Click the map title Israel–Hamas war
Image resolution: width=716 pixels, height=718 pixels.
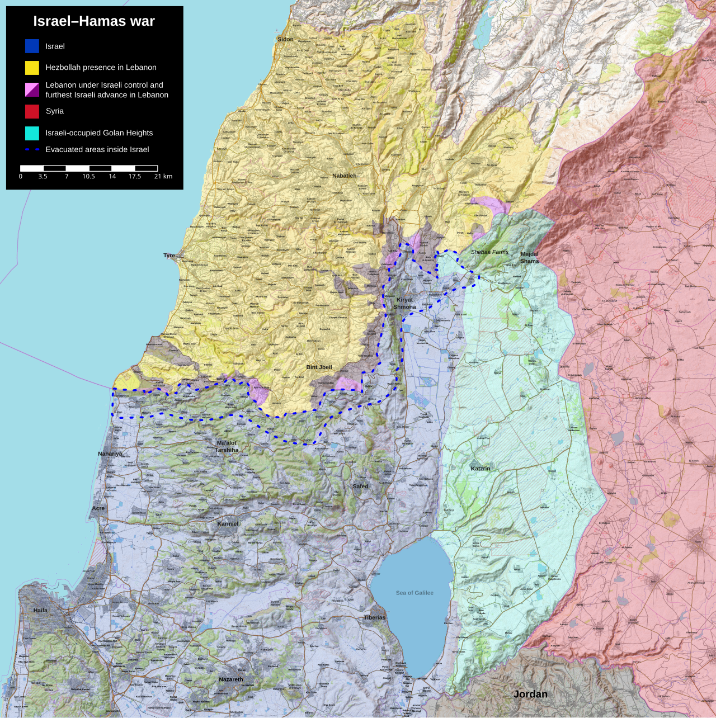click(94, 21)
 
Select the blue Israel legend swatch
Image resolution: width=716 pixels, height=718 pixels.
click(32, 46)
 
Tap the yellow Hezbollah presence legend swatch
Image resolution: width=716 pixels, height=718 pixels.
click(32, 68)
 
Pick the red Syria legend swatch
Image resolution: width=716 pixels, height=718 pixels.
click(32, 111)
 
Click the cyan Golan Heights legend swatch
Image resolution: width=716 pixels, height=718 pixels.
click(32, 133)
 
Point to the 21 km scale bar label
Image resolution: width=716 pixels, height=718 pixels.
click(163, 176)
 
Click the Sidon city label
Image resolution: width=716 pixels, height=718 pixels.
click(285, 39)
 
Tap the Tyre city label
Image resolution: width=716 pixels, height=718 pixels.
click(169, 256)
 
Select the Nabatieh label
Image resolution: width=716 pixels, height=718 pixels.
click(344, 176)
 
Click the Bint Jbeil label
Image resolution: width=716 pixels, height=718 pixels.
click(319, 367)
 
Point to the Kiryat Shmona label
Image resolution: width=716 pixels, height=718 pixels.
click(404, 303)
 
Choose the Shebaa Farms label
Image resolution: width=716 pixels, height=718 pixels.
click(489, 252)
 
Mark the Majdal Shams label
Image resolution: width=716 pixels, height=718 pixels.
click(529, 257)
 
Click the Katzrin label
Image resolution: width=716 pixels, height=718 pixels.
click(481, 469)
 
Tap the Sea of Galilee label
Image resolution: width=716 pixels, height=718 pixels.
click(414, 593)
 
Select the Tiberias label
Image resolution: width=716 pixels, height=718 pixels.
click(374, 617)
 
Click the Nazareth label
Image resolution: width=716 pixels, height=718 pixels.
click(231, 679)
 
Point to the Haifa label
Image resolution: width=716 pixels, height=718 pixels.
click(40, 610)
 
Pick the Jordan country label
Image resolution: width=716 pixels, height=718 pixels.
click(530, 694)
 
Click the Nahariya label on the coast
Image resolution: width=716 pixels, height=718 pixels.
click(110, 454)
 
